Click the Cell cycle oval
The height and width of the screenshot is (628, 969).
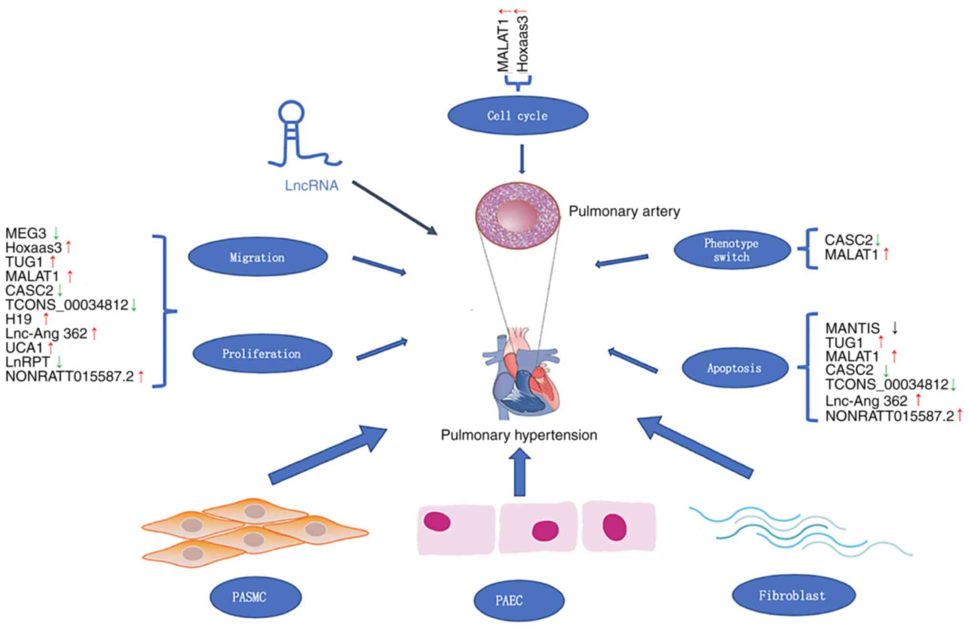518,115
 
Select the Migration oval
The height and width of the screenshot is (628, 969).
258,257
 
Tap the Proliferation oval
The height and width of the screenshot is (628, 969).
262,354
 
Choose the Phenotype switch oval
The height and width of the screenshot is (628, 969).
732,250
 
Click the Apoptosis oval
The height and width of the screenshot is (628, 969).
735,368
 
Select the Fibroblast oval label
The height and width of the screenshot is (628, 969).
793,595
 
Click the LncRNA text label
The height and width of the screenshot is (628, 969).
312,185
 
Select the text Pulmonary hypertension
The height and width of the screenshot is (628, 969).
519,435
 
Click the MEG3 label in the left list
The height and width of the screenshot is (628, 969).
26,233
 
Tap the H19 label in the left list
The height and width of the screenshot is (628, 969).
19,319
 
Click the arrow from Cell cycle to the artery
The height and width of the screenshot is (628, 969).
521,158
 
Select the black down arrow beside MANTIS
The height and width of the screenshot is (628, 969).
895,327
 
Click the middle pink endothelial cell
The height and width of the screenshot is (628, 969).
538,528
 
